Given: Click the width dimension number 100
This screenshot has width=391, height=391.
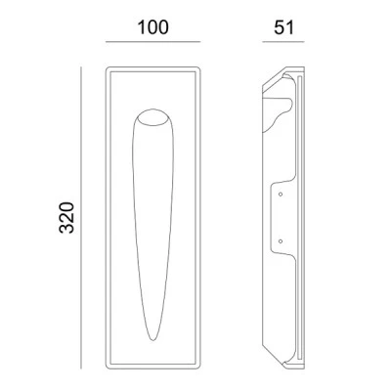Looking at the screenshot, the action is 153,27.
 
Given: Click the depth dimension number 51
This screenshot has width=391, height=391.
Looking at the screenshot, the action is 283,27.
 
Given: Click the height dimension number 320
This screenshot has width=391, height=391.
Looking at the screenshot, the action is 66,218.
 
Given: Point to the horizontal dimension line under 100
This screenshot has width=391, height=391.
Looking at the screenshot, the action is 152,42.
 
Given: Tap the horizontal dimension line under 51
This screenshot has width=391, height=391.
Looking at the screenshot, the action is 283,42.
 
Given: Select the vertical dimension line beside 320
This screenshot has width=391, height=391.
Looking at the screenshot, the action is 81,218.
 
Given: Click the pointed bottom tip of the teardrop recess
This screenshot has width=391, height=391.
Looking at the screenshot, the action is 153,340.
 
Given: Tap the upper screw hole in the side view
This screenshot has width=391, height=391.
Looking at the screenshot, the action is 281,195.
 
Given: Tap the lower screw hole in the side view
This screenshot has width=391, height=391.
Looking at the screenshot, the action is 281,241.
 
